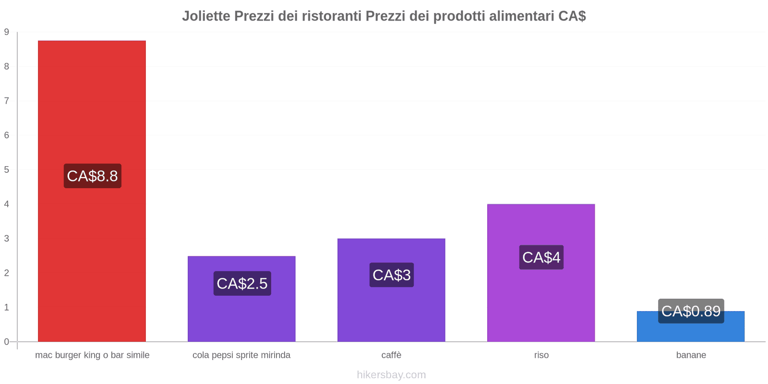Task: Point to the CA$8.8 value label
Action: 93,176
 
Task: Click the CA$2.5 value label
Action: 242,283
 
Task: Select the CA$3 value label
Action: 392,275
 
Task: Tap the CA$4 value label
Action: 541,257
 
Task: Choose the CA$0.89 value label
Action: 691,311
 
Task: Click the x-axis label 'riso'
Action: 541,355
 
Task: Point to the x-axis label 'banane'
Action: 691,355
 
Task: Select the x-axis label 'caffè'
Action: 391,355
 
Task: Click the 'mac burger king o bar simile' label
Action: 92,355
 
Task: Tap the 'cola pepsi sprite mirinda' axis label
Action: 241,355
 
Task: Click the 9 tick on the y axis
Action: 7,32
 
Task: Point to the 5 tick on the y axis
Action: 7,170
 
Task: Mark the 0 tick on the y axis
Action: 7,342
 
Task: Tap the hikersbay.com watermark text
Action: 391,375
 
